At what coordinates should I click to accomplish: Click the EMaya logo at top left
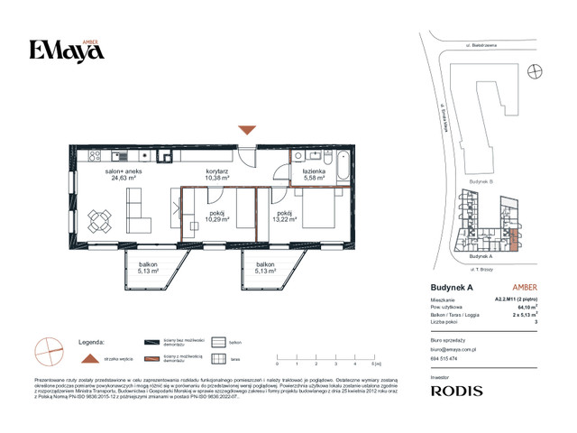click(67, 51)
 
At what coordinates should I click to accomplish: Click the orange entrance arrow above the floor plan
click(246, 131)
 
